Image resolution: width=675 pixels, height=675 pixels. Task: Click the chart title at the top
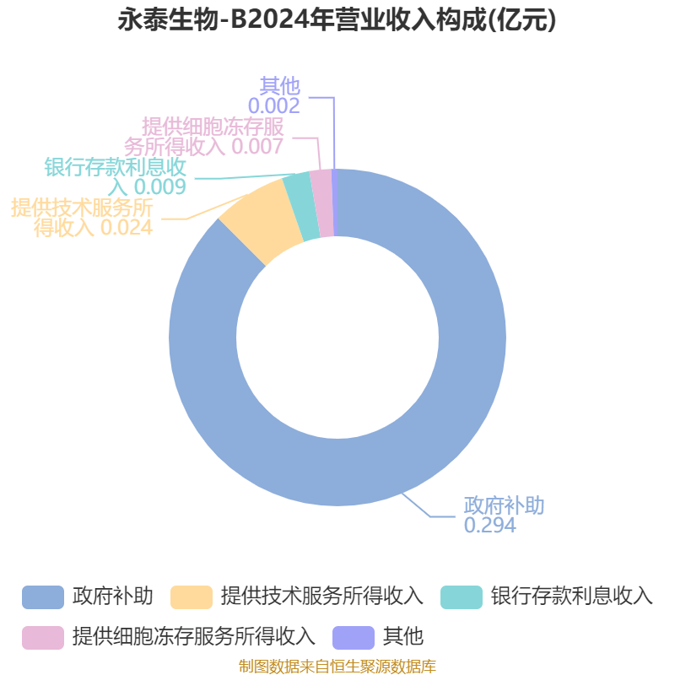[x=337, y=19]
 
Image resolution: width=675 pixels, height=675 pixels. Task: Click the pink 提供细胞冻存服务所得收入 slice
[x=323, y=202]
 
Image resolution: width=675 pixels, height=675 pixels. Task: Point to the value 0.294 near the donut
[x=490, y=525]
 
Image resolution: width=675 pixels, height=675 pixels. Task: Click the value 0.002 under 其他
[x=273, y=106]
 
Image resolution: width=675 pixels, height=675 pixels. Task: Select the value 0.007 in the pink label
[x=258, y=146]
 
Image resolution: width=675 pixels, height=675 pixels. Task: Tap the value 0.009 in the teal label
[x=160, y=186]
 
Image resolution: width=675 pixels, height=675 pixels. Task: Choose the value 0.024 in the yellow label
[x=127, y=227]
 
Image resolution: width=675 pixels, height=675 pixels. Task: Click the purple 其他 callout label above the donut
[x=280, y=86]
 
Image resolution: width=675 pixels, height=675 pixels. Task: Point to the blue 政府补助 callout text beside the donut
[x=504, y=505]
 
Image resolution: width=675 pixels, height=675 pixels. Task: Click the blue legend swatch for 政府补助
[x=43, y=597]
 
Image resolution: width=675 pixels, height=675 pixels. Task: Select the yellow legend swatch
[x=192, y=597]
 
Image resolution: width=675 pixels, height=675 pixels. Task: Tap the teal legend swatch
[x=462, y=597]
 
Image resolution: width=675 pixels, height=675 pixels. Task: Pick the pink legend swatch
[x=43, y=638]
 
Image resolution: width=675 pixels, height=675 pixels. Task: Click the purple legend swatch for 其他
[x=354, y=638]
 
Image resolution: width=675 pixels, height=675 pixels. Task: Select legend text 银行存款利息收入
[x=572, y=597]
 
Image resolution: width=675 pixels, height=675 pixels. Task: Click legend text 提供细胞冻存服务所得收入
[x=194, y=637]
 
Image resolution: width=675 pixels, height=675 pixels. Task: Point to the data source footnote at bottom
[x=337, y=666]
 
